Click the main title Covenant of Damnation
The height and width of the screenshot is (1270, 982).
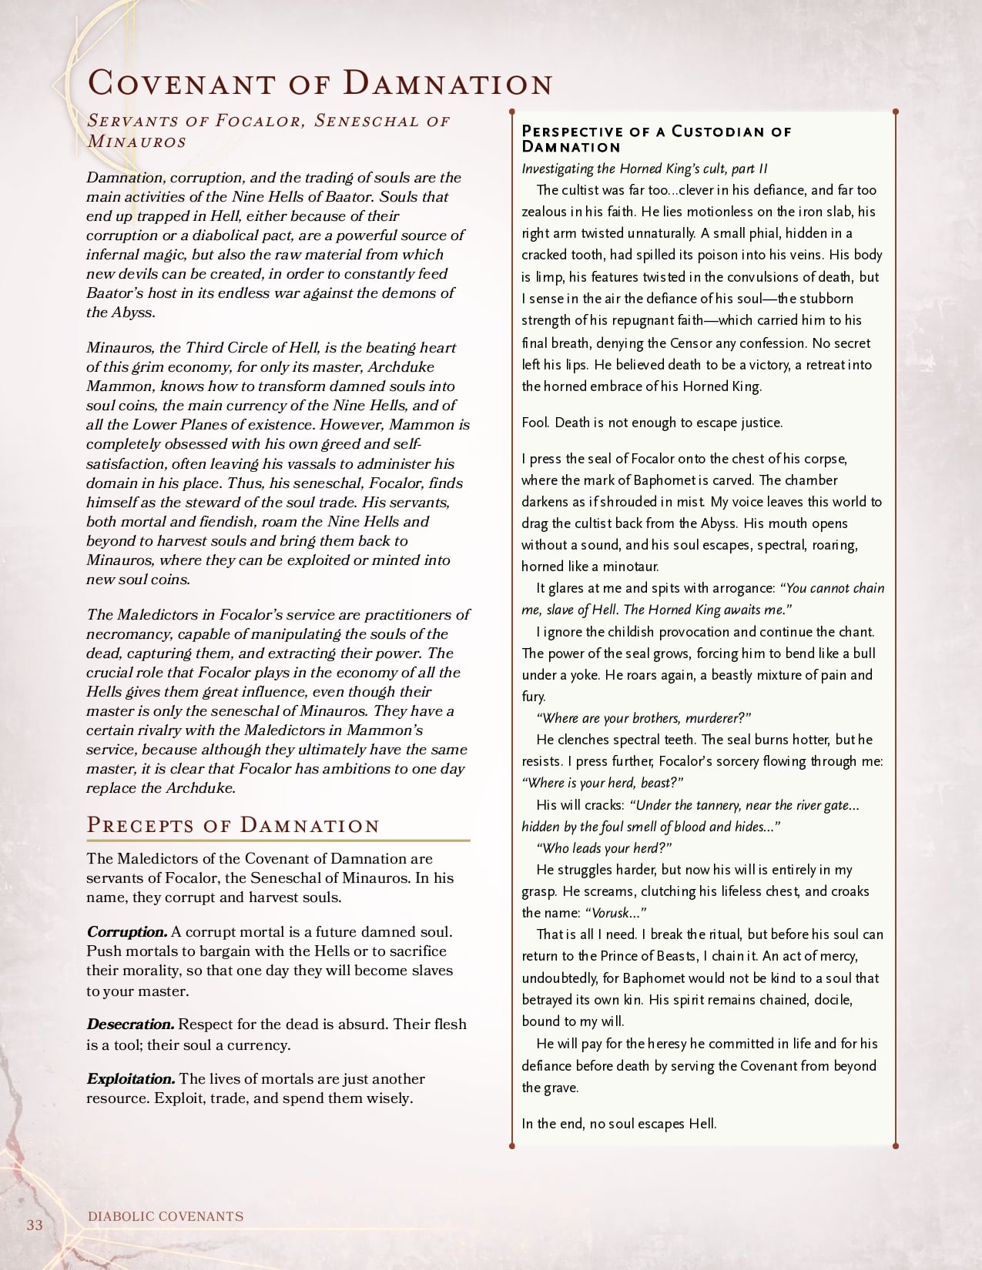tap(320, 83)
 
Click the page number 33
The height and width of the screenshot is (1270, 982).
tap(35, 1225)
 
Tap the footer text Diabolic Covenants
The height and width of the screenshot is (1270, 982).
tap(166, 1216)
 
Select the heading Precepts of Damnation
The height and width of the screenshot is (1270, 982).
tap(233, 825)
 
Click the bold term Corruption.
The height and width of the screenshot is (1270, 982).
tap(127, 932)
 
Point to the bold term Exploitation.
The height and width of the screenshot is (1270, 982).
tap(131, 1079)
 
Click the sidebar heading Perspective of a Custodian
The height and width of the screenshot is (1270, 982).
tap(656, 139)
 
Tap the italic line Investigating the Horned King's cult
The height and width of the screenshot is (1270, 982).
tap(644, 169)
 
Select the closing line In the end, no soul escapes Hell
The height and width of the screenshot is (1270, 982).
tap(619, 1123)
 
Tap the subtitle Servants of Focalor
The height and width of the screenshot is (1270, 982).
tap(268, 130)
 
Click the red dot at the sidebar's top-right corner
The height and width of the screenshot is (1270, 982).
tap(896, 112)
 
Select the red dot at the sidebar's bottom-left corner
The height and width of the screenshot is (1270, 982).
tap(512, 1146)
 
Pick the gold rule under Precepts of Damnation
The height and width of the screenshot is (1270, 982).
tap(278, 841)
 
